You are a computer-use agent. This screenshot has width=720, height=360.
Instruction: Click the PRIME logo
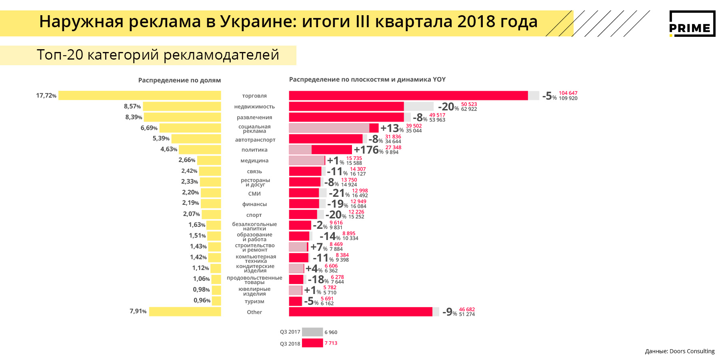(692, 24)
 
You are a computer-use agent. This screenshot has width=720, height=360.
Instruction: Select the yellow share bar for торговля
(140, 95)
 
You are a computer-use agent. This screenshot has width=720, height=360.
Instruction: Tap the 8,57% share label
(132, 106)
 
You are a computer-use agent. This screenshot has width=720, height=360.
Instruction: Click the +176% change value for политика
(368, 150)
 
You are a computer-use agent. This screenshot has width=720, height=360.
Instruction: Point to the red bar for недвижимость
(346, 106)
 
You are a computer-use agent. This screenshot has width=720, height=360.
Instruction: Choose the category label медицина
(254, 161)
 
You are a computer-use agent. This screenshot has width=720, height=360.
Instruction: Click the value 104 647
(568, 93)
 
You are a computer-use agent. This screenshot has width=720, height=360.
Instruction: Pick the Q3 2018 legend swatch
(312, 343)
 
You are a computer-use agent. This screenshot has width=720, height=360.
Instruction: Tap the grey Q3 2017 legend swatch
(312, 332)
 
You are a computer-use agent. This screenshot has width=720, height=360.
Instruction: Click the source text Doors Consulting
(692, 351)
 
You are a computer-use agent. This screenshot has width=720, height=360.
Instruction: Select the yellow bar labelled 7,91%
(185, 312)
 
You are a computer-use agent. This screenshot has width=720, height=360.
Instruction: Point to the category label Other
(254, 312)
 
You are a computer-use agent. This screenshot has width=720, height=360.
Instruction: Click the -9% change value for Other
(450, 312)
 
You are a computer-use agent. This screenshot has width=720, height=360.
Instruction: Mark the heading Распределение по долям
(179, 80)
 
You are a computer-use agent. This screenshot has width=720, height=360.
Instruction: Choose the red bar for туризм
(295, 301)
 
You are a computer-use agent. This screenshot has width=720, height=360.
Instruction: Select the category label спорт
(254, 215)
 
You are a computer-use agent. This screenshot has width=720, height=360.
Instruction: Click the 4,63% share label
(169, 149)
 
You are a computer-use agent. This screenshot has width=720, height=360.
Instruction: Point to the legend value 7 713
(331, 343)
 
